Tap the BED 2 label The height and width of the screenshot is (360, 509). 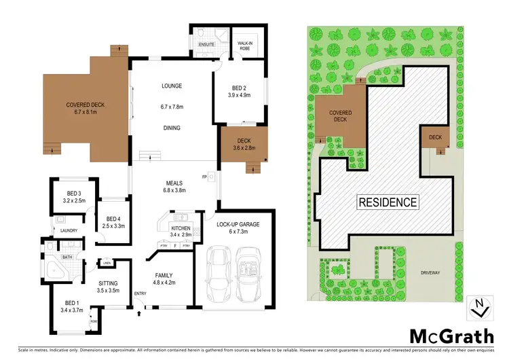[x=239, y=86]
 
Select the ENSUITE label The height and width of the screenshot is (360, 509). [x=206, y=44]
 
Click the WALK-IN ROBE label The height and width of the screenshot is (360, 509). [x=245, y=45]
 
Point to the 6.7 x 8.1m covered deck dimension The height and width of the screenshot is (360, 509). [x=85, y=112]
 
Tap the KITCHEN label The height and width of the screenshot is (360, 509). [x=181, y=228]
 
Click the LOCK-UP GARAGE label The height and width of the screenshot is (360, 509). [x=233, y=223]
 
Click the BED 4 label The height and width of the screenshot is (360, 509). [x=113, y=218]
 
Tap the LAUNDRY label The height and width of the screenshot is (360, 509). [x=69, y=230]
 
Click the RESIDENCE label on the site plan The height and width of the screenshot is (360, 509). [x=388, y=202]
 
